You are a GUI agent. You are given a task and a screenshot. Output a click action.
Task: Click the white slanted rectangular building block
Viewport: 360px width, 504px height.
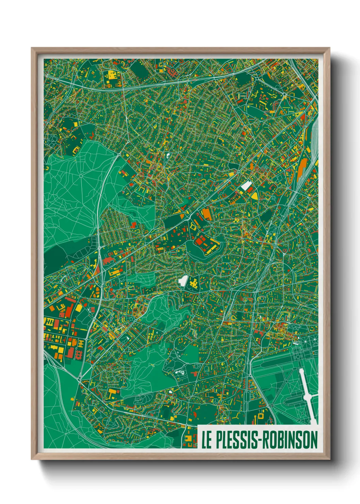(246, 186)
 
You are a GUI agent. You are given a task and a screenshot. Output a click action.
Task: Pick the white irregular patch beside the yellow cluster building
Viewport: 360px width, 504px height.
(182, 281)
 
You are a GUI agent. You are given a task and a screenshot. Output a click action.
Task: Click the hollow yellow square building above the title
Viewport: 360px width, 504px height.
(261, 416)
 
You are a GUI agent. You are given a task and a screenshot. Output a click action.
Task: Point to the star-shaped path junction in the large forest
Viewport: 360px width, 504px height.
(82, 176)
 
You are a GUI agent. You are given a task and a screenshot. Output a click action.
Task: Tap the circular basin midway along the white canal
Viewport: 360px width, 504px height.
(307, 397)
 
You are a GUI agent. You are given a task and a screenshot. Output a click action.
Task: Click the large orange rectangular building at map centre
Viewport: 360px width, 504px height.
(207, 214)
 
